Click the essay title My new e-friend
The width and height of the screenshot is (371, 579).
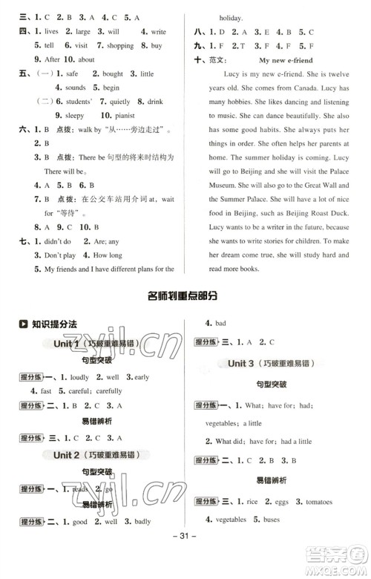(286, 59)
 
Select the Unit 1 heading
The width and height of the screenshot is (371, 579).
(67, 344)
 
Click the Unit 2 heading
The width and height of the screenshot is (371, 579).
(67, 454)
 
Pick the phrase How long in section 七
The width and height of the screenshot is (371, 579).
(108, 255)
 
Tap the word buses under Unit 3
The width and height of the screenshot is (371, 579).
(272, 520)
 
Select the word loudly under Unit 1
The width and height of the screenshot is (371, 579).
(79, 377)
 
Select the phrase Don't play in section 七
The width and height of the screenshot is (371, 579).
(60, 255)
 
